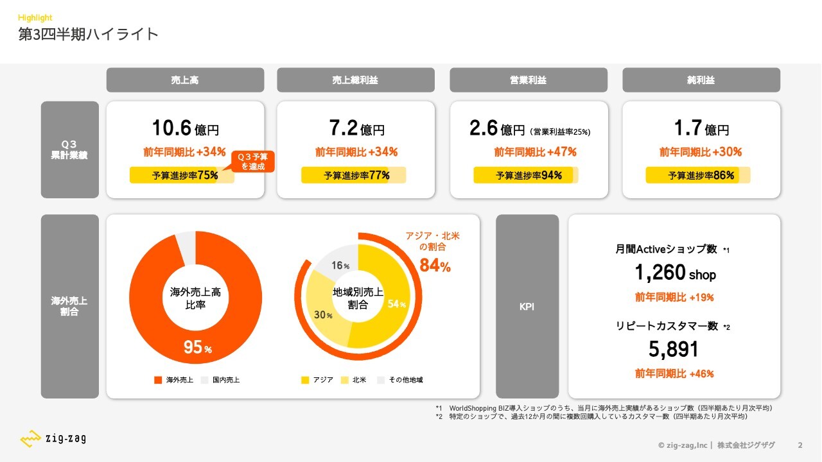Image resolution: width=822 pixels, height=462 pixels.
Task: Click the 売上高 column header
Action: [x=185, y=80]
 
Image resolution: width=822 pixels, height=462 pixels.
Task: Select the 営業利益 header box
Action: [x=528, y=80]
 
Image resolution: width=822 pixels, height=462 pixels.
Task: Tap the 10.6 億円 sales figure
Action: [x=185, y=128]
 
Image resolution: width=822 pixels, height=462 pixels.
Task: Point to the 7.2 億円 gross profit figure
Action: [x=356, y=128]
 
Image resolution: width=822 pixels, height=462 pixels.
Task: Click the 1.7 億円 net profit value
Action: [x=701, y=128]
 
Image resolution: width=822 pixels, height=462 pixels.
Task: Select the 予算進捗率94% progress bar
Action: [x=526, y=175]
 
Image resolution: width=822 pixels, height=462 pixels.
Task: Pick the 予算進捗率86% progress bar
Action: [x=698, y=175]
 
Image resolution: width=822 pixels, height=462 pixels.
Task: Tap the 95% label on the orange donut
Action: [x=197, y=348]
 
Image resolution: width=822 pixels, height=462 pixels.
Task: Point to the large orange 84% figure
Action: [x=435, y=265]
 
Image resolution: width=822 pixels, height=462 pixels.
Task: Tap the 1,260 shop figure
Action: [x=674, y=273]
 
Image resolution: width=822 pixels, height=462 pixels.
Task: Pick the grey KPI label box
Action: [x=527, y=307]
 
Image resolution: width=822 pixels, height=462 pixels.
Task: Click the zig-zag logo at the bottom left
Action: [x=53, y=440]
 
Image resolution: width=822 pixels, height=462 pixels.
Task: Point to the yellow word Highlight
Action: [x=35, y=18]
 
